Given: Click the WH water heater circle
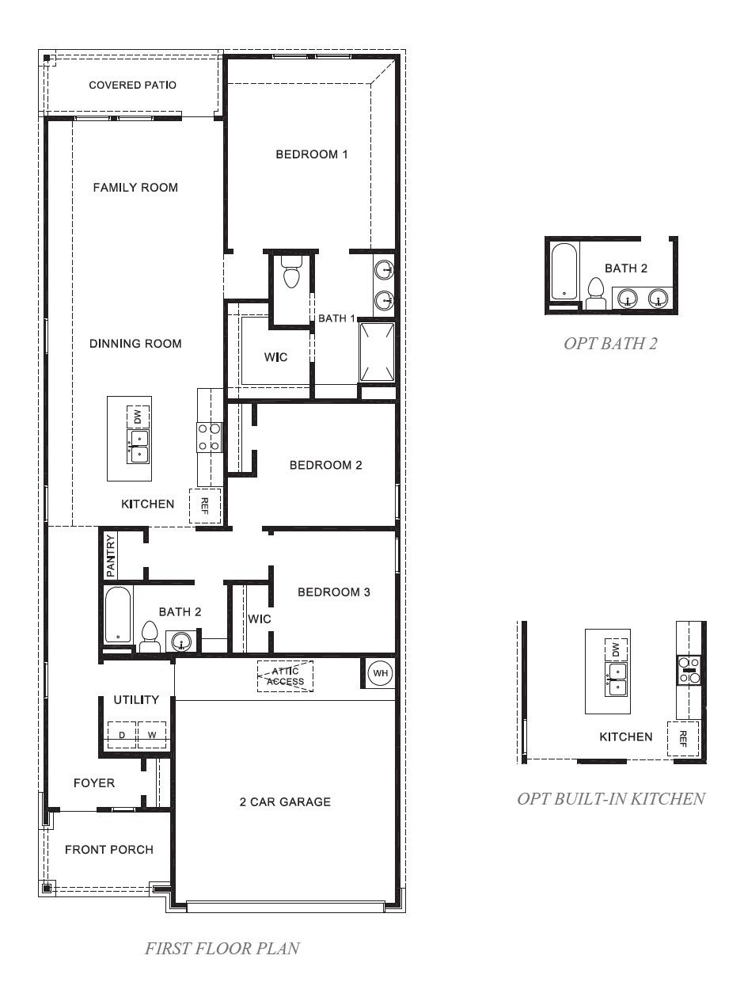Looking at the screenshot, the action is [x=380, y=673].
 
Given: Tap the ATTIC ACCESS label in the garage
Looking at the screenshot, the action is [x=285, y=676].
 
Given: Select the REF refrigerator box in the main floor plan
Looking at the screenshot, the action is [x=205, y=505].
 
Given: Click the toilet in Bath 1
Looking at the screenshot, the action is [x=291, y=272].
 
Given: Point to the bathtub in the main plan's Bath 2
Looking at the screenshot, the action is [x=118, y=615].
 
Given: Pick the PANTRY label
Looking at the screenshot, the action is [x=110, y=556].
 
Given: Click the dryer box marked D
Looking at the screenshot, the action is [x=122, y=735].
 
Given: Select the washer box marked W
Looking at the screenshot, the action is [x=152, y=735].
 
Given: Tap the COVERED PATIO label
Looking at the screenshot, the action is [x=132, y=85].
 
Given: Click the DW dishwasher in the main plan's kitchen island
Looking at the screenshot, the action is [x=138, y=417].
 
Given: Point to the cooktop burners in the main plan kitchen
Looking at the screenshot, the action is [x=210, y=437].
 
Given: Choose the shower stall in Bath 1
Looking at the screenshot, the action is [x=377, y=352].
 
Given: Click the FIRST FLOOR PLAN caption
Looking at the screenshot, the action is [x=222, y=948].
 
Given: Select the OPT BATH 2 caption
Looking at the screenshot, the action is [x=610, y=343].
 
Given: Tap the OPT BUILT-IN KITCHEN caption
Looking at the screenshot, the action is [x=611, y=798].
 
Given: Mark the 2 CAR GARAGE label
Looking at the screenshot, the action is [x=285, y=801].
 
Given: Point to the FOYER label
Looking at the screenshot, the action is [x=94, y=783].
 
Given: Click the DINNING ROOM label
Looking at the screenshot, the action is [x=135, y=344].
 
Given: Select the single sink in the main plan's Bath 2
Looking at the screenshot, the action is [x=180, y=641].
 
